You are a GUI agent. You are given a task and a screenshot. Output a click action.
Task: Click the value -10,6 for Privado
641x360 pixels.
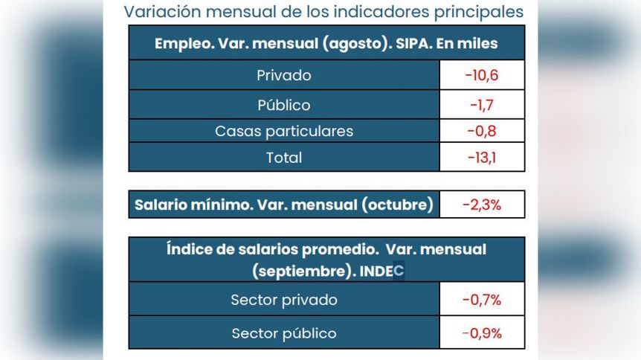point(482,75)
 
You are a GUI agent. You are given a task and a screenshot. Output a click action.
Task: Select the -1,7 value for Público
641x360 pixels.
point(482,105)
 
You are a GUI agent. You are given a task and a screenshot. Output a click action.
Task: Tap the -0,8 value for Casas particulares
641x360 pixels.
point(482,132)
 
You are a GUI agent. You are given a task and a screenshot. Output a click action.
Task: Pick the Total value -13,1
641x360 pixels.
point(482,158)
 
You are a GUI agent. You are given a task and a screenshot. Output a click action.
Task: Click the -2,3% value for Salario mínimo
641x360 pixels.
point(482,205)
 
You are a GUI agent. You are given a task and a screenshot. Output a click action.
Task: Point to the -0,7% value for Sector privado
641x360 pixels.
point(482,300)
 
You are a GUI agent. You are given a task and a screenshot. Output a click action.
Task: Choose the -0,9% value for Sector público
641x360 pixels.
point(482,333)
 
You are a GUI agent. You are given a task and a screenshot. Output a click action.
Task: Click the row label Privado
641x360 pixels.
point(283,75)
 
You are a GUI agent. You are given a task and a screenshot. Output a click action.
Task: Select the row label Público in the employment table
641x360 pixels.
point(283,105)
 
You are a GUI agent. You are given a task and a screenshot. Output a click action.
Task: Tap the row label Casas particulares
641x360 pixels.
point(283,132)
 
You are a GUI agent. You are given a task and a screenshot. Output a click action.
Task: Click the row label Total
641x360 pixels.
point(283,158)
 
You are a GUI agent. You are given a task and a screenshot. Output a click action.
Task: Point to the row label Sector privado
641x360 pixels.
point(283,300)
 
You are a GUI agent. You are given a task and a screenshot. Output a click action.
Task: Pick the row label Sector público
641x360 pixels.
point(283,333)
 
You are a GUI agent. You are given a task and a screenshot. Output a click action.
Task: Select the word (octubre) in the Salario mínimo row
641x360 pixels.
point(397,205)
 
